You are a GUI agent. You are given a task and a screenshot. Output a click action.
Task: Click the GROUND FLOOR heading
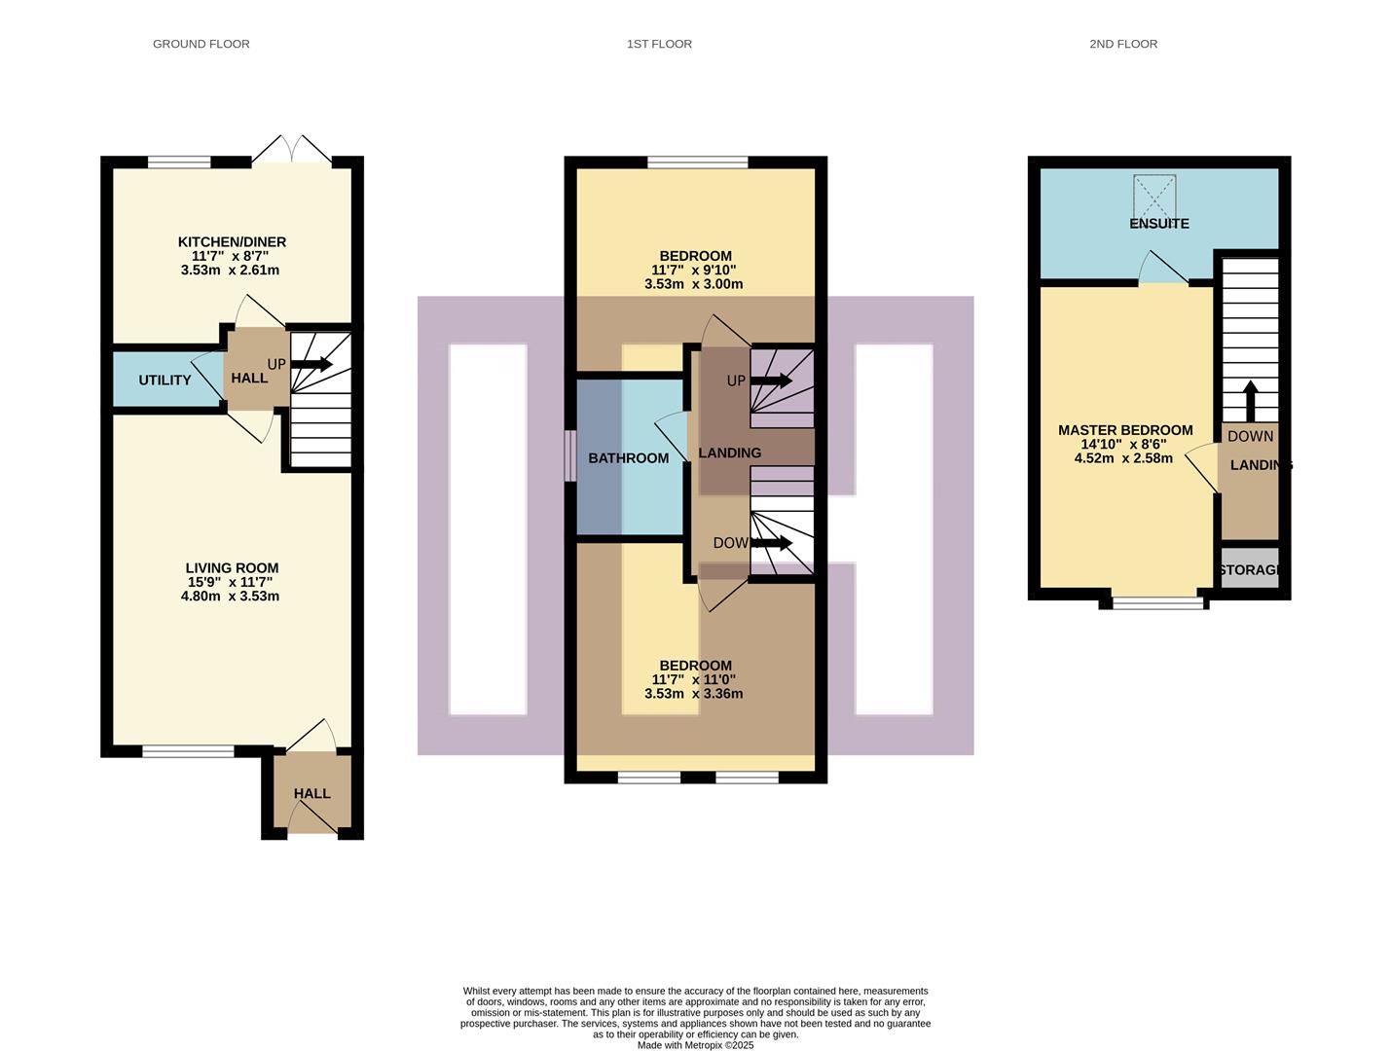[x=201, y=44]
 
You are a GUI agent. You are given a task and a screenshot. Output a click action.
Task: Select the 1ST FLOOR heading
[x=659, y=44]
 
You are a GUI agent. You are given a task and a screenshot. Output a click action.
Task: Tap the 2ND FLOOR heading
[x=1122, y=44]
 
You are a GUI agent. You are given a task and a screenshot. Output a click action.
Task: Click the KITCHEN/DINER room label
[x=232, y=241]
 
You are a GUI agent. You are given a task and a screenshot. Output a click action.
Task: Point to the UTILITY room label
[x=165, y=380]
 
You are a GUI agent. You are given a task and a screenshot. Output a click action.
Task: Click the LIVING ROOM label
[x=232, y=567]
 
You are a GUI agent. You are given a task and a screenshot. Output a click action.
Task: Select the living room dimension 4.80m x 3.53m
[x=230, y=596]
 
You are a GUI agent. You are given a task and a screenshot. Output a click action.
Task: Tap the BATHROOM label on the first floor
[x=628, y=457]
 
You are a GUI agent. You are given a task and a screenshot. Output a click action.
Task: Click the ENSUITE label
[x=1158, y=223]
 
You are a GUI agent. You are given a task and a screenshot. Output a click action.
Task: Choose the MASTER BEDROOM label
[x=1124, y=430]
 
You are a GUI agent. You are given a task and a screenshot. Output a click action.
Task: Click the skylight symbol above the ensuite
[x=1154, y=197]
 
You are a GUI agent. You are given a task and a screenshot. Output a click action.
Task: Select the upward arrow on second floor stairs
[x=1250, y=400]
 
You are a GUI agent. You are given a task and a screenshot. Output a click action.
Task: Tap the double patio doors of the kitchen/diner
[x=291, y=151]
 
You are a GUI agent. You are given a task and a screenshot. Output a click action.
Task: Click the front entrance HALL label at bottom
[x=311, y=793]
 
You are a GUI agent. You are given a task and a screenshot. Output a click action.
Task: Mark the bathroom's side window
[x=570, y=455]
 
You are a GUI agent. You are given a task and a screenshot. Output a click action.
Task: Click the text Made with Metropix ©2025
[x=695, y=1045]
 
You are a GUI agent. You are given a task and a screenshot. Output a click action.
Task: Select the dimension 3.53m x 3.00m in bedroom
[x=693, y=284]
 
